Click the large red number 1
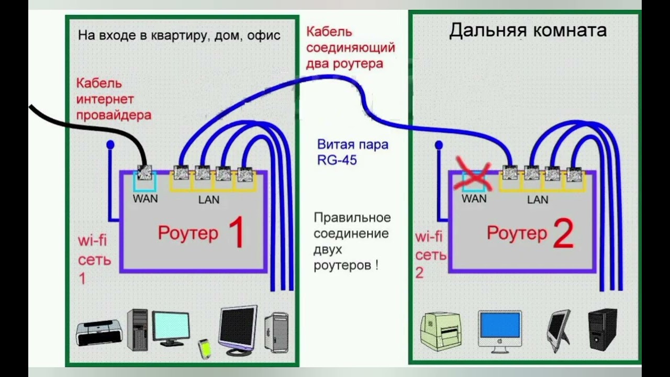[x=237, y=234]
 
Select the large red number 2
[x=563, y=234]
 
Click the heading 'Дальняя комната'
[x=528, y=30]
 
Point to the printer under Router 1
[x=99, y=332]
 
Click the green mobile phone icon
[x=204, y=347]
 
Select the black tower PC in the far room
[x=602, y=328]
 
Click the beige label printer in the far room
[x=441, y=331]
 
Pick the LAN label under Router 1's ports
[x=209, y=199]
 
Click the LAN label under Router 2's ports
[x=538, y=199]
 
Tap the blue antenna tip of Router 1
[x=110, y=144]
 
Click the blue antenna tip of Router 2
[x=439, y=145]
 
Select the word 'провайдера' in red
[x=114, y=115]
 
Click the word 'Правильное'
[x=352, y=217]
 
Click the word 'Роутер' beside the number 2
[x=517, y=232]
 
